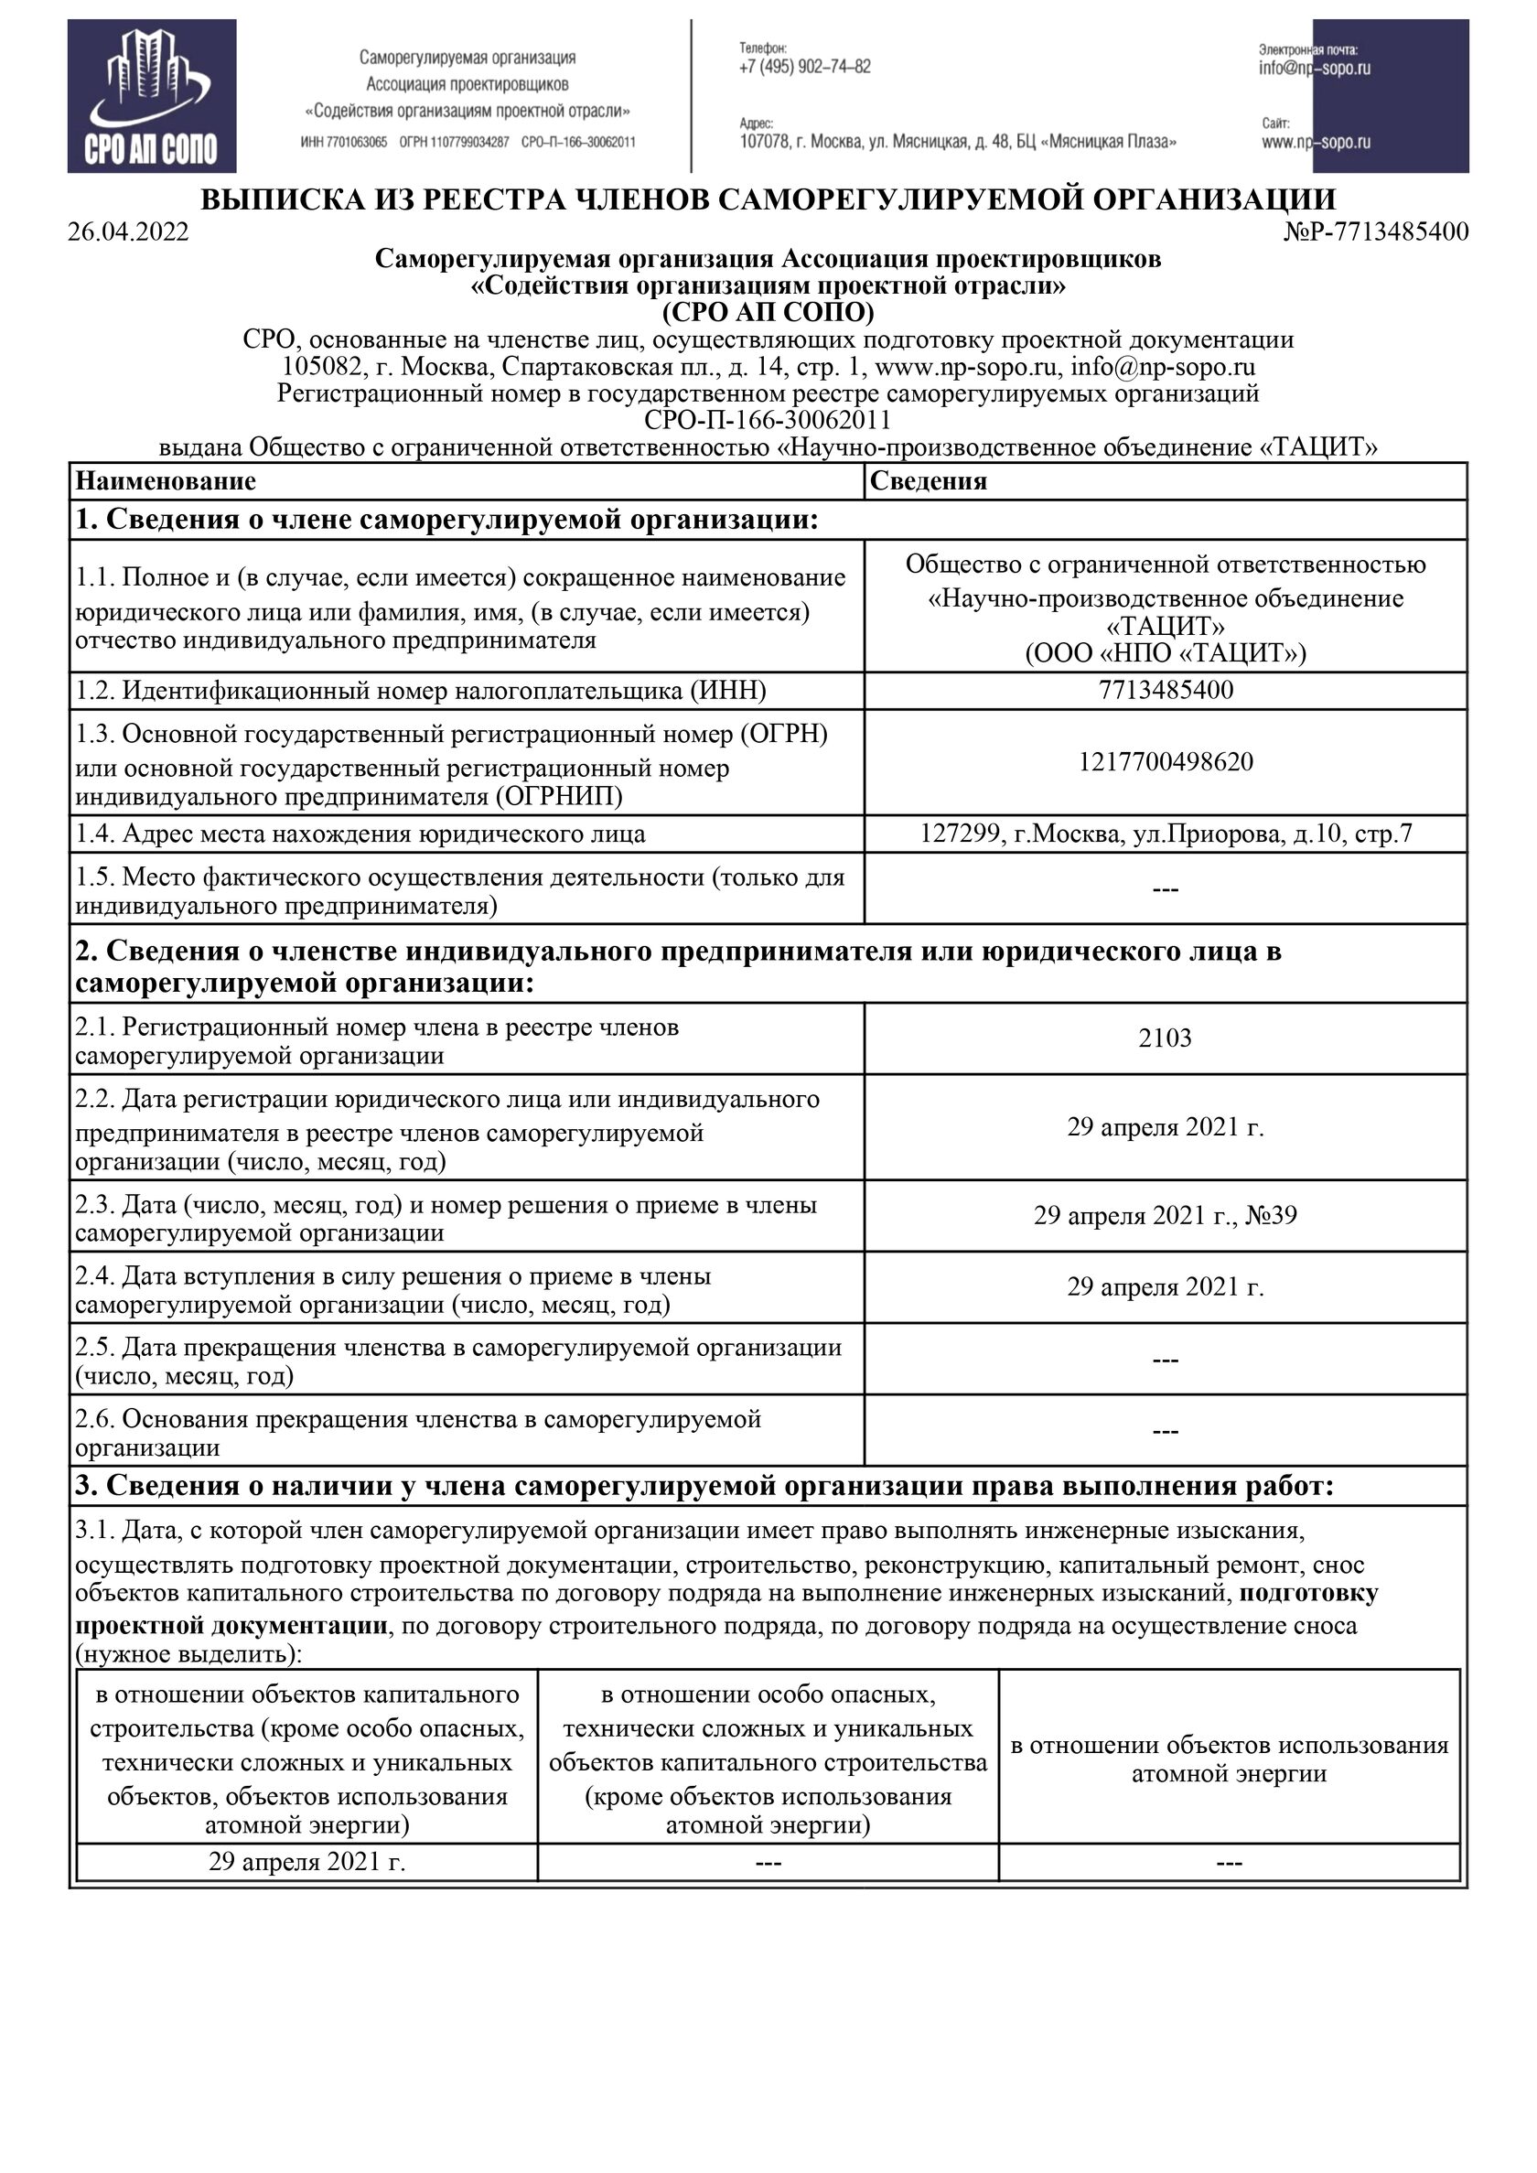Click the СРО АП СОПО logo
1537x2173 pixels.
152,97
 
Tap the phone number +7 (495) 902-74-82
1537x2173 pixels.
804,67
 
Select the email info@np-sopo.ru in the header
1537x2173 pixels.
1315,68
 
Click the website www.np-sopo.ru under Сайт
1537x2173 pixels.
1316,143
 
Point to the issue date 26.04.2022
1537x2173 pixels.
128,231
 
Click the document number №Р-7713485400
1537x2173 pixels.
1376,231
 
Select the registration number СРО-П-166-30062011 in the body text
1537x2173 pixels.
768,420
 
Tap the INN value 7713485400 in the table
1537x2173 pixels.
1166,690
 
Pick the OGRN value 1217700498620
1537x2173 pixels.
1166,762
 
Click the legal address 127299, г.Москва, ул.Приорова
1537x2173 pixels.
1166,834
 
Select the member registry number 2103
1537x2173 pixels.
1165,1038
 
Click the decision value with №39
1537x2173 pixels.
1165,1215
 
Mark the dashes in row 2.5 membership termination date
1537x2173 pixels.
1165,1360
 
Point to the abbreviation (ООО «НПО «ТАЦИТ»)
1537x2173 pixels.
1165,653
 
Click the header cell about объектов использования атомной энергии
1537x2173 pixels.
1230,1759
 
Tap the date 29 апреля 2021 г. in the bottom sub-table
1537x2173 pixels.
306,1862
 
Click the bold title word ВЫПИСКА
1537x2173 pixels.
278,199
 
